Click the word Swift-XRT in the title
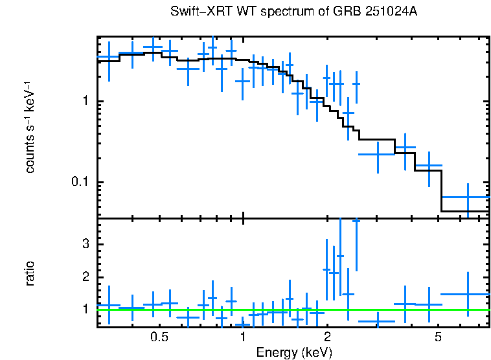coord(197,12)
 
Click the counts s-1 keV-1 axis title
coord(29,127)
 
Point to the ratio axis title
coord(29,273)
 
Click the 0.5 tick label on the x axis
coord(159,338)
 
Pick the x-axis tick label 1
coord(243,338)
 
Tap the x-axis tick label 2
coord(327,338)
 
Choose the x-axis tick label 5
coord(438,338)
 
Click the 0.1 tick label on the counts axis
coord(80,182)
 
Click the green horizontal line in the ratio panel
coord(291,309)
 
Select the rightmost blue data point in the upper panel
coord(467,197)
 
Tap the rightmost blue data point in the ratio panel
coord(467,295)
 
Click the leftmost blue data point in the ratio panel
coord(109,305)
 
